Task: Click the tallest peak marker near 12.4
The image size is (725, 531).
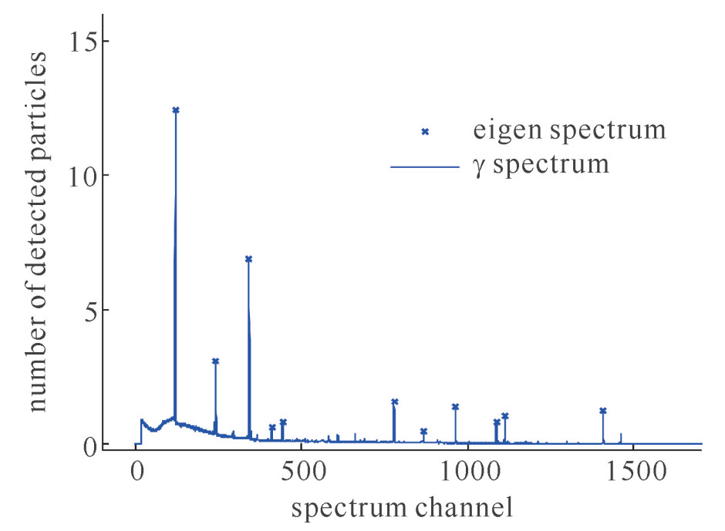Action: (x=176, y=110)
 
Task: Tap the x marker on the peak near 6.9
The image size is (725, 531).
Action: (x=248, y=259)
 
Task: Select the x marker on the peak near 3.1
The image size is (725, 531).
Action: (x=215, y=361)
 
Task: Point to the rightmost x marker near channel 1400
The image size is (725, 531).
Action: (x=602, y=411)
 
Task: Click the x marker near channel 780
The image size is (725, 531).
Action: (x=394, y=402)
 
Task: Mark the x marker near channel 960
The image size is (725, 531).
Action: (x=455, y=407)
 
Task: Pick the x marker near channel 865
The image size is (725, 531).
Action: (x=423, y=432)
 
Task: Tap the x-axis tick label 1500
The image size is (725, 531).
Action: (x=633, y=471)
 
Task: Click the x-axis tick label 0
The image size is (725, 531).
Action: (x=136, y=471)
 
